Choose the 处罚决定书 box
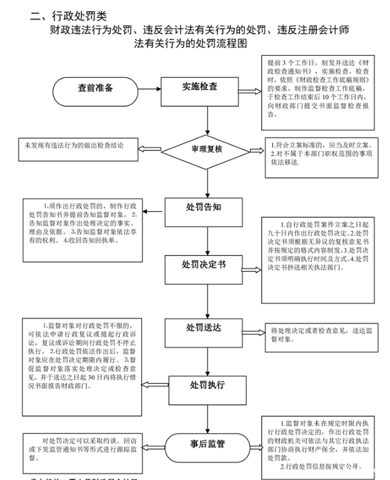pos(203,265)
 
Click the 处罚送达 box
pos(203,330)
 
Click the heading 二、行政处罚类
pos(69,15)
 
